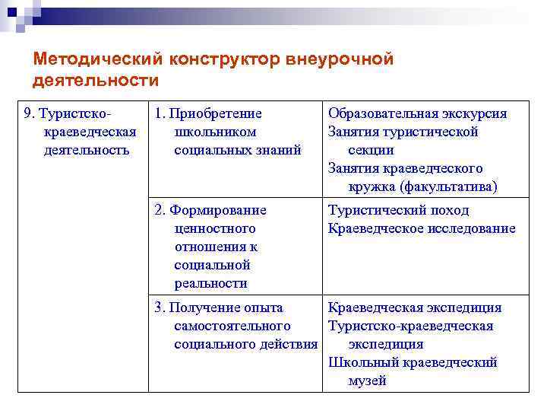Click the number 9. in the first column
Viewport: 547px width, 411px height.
pyautogui.click(x=30, y=114)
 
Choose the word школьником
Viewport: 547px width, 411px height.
pyautogui.click(x=215, y=132)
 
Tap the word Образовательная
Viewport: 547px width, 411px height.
pyautogui.click(x=381, y=114)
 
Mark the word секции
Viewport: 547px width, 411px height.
pyautogui.click(x=371, y=151)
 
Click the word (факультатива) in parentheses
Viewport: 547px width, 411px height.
pyautogui.click(x=450, y=187)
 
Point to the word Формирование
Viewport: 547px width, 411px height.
pyautogui.click(x=219, y=211)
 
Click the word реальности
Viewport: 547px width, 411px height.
pyautogui.click(x=211, y=284)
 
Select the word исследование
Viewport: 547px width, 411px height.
pyautogui.click(x=470, y=229)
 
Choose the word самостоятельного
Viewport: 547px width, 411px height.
pyautogui.click(x=228, y=327)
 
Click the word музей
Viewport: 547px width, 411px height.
pyautogui.click(x=368, y=381)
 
